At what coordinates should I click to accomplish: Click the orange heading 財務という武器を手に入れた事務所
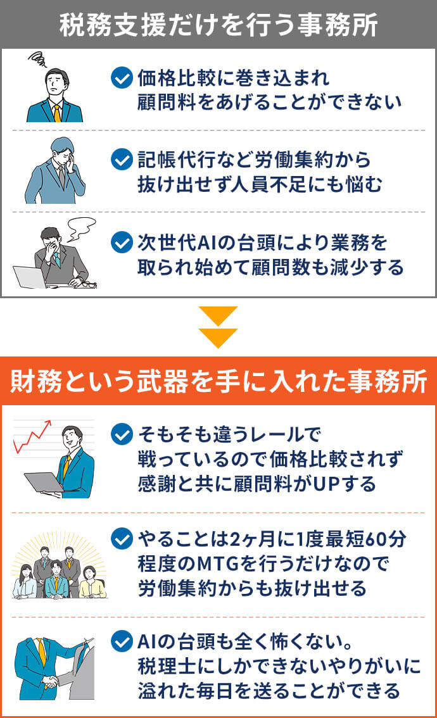point(218,381)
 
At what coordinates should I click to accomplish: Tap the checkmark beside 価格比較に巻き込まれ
point(122,78)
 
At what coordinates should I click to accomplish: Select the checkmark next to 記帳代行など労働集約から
point(122,160)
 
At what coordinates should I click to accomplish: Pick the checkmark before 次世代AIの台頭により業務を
point(122,242)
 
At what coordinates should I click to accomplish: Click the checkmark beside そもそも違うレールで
point(122,434)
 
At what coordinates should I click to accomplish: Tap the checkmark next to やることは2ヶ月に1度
point(122,538)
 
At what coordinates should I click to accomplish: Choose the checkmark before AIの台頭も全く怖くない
point(122,641)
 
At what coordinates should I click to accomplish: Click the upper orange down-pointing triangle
point(218,316)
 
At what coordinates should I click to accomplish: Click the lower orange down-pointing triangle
point(218,338)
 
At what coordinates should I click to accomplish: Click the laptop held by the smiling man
point(44,482)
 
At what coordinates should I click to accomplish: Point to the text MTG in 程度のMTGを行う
point(218,564)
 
